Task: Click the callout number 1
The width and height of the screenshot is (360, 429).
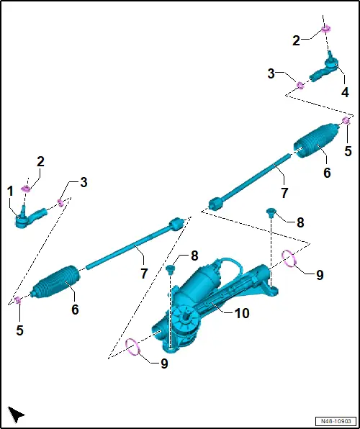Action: coord(10,191)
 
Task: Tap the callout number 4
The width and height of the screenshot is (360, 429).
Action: coord(345,92)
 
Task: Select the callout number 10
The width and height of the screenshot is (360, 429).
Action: coord(242,314)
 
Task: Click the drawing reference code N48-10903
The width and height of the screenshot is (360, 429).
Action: coord(336,420)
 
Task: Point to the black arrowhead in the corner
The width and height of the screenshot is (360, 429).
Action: coord(15,414)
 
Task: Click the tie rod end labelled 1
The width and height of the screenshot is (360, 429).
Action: coord(30,217)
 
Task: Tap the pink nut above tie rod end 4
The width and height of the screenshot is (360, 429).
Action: coord(325,28)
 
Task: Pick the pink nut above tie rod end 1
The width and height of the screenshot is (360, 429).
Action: coord(26,189)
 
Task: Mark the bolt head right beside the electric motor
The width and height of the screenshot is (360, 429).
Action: coord(171,269)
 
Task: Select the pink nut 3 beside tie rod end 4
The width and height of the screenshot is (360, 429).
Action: coord(300,86)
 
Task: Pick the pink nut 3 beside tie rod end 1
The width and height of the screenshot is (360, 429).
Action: coord(60,203)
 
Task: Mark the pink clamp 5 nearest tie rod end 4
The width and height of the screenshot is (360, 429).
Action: coord(346,120)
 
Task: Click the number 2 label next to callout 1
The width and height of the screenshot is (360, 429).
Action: coord(40,162)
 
